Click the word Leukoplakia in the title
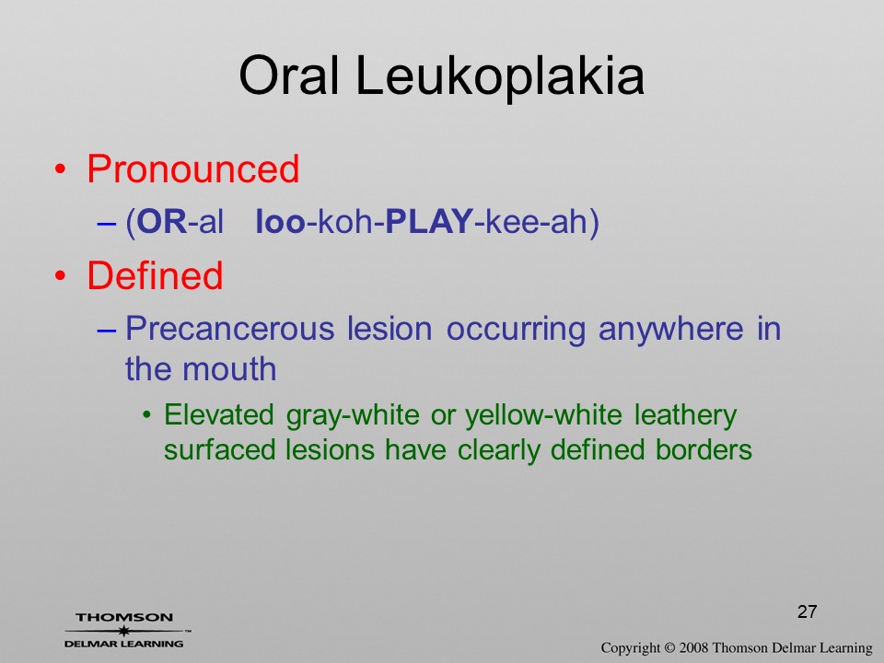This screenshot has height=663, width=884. (x=499, y=76)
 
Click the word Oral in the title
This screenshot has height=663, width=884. (x=289, y=76)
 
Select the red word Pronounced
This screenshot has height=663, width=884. (x=192, y=169)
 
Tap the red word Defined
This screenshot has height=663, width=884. (x=155, y=275)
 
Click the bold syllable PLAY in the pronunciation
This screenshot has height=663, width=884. (x=429, y=221)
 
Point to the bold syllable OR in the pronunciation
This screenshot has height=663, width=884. (x=162, y=221)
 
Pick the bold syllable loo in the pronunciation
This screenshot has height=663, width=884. (x=280, y=221)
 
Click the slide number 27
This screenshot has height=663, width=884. (x=808, y=611)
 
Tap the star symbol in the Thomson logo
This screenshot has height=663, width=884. (x=123, y=630)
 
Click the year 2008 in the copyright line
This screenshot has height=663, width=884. (x=693, y=647)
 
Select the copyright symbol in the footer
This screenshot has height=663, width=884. (x=669, y=647)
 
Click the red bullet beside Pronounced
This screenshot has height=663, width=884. (x=61, y=169)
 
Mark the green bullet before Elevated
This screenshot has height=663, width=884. (x=147, y=416)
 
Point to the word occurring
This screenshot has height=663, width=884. (x=516, y=331)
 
